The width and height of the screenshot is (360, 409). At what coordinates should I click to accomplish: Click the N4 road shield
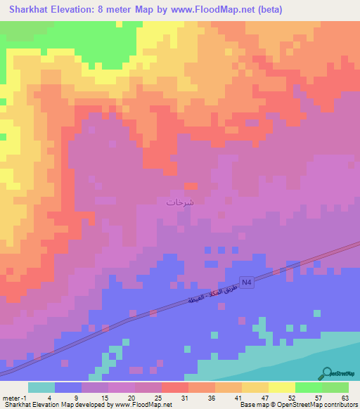[245, 282]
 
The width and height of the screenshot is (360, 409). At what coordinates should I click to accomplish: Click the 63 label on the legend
[344, 397]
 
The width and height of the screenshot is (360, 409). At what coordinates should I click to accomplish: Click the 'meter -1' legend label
[14, 397]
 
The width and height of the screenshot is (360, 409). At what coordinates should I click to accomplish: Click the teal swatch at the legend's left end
[41, 387]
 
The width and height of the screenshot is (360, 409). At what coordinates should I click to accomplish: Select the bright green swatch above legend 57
[308, 387]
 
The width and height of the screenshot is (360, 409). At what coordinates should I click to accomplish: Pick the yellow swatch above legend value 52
[281, 387]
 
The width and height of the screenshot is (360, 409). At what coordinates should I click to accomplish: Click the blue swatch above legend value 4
[68, 387]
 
